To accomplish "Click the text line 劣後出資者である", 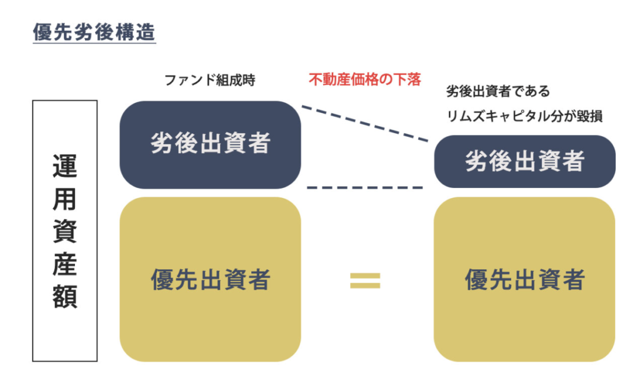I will point(498,91).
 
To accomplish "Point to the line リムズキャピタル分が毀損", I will point(524,116).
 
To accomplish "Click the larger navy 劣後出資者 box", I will point(210,144).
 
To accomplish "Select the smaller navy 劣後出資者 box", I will point(524,161).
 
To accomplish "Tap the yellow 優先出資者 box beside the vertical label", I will point(210,279).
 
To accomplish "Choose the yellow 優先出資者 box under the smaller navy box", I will point(524,279).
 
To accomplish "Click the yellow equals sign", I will point(365,280).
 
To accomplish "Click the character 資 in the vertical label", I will point(64,232).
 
